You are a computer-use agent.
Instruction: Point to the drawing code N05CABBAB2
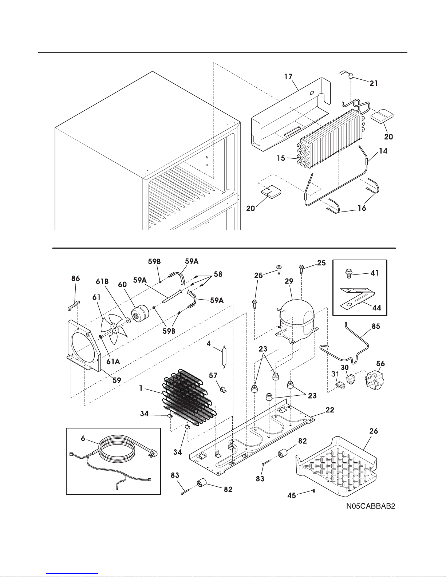click(x=371, y=506)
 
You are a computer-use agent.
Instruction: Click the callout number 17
click(x=288, y=77)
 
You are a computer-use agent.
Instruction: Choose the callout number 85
click(x=375, y=326)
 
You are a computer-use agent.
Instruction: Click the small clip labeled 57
click(x=223, y=390)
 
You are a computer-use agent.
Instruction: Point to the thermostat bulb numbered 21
click(x=352, y=76)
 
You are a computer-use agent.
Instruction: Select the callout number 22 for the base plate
click(x=329, y=410)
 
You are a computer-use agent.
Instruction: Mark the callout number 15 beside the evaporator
click(x=280, y=159)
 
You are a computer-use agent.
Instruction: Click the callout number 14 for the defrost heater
click(x=383, y=151)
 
